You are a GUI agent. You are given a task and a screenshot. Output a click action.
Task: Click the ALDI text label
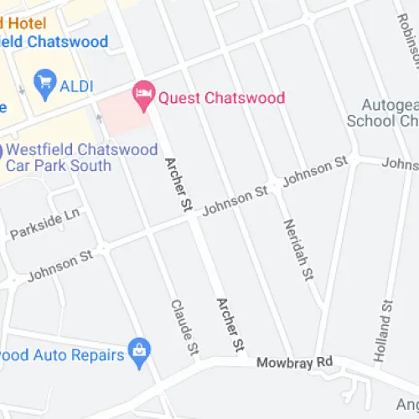[x=76, y=86]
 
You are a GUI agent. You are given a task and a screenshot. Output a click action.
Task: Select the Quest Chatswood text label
[x=222, y=97]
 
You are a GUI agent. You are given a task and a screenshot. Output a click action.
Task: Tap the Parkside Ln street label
[x=44, y=224]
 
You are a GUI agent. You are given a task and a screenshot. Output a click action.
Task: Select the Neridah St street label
[x=299, y=250]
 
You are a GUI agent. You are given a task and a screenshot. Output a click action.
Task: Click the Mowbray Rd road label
[x=295, y=362]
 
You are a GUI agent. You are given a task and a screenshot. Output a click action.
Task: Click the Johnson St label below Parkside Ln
[x=59, y=267]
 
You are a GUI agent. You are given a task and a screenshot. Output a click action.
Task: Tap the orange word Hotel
[x=25, y=22]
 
